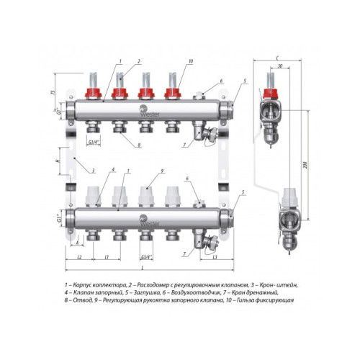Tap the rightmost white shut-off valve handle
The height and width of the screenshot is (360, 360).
click(x=172, y=196)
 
